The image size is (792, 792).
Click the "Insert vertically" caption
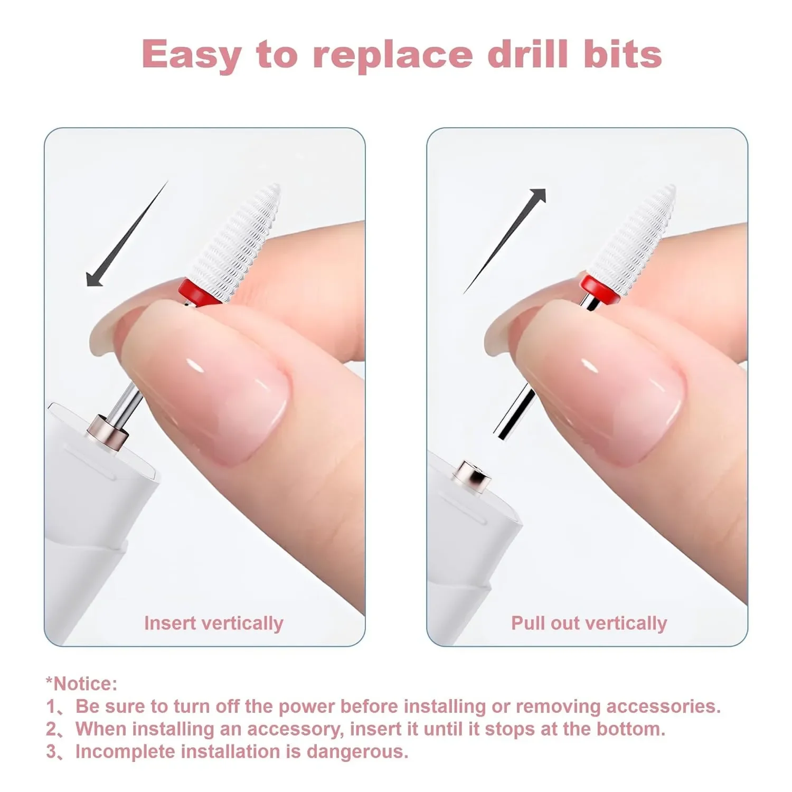point(213,623)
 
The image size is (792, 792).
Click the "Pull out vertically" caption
point(589,623)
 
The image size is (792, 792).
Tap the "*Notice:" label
point(81,684)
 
